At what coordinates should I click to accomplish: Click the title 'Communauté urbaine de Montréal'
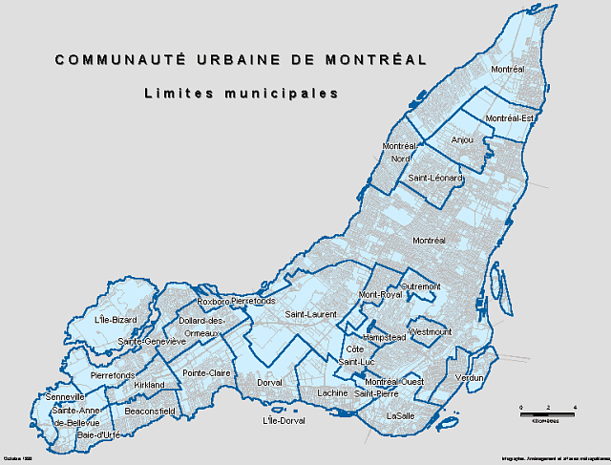pos(241,59)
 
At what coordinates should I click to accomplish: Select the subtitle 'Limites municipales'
pos(242,94)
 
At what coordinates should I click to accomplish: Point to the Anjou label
pos(462,139)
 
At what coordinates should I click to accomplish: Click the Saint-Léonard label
pos(435,179)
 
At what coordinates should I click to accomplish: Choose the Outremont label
pos(421,285)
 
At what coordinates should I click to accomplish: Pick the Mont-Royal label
pos(379,296)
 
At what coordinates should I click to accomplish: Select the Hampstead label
pos(385,337)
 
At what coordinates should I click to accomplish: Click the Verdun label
pos(470,379)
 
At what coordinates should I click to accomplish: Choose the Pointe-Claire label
pos(207,372)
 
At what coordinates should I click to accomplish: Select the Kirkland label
pos(150,385)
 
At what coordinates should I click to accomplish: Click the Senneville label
pos(65,397)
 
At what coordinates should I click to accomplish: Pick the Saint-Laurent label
pos(309,313)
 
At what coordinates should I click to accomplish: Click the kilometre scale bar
pos(547,414)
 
